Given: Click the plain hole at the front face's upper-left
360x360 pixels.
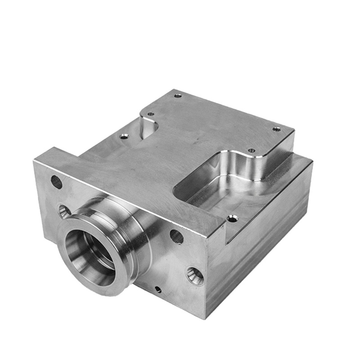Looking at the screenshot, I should click(x=56, y=182).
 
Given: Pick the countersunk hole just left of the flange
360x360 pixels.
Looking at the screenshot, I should click(x=64, y=211).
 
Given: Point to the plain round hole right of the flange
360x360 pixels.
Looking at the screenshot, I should click(x=176, y=236).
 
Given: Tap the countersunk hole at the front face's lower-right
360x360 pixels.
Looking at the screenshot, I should click(x=195, y=275).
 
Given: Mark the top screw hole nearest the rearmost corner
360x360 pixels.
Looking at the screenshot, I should click(x=178, y=95).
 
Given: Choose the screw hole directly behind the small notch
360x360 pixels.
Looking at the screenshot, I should click(x=151, y=114).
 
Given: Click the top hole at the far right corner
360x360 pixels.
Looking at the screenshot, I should click(x=276, y=129).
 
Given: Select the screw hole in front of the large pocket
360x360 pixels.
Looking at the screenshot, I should click(x=232, y=219).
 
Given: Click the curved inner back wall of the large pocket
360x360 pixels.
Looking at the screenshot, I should click(x=238, y=166).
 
